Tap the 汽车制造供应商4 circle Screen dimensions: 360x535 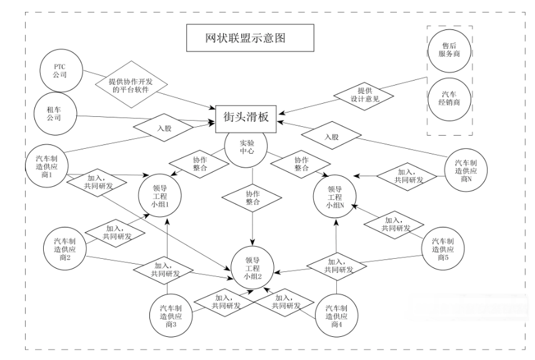[x=337, y=315]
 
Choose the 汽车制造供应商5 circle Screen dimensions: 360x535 [x=442, y=247]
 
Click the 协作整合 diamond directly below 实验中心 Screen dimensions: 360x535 [x=252, y=197]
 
